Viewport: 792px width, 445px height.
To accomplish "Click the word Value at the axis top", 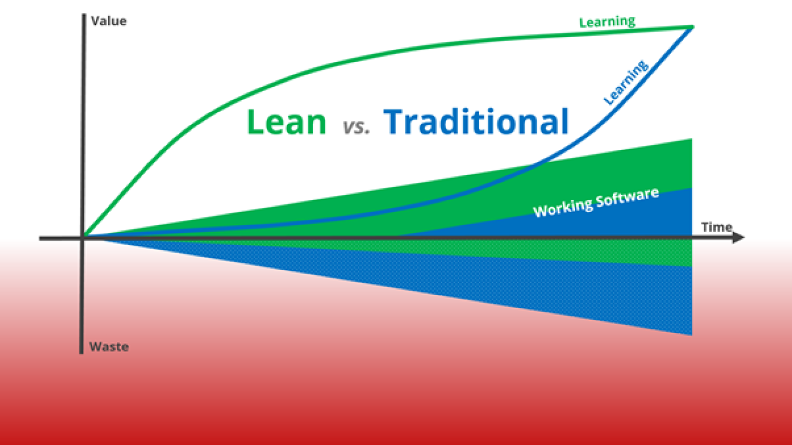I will click(108, 21).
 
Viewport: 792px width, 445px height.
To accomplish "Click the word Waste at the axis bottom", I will click(109, 346).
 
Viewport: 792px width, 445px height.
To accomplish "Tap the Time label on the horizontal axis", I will click(716, 227).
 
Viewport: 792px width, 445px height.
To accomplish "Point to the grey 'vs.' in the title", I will click(355, 126).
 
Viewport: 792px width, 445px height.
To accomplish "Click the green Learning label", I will click(607, 21).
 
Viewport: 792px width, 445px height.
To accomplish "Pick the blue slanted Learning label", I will click(626, 82).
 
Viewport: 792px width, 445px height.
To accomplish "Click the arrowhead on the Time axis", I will click(740, 238).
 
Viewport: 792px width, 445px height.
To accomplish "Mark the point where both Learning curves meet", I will click(692, 27).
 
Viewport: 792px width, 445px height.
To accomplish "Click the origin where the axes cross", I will click(82, 238).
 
